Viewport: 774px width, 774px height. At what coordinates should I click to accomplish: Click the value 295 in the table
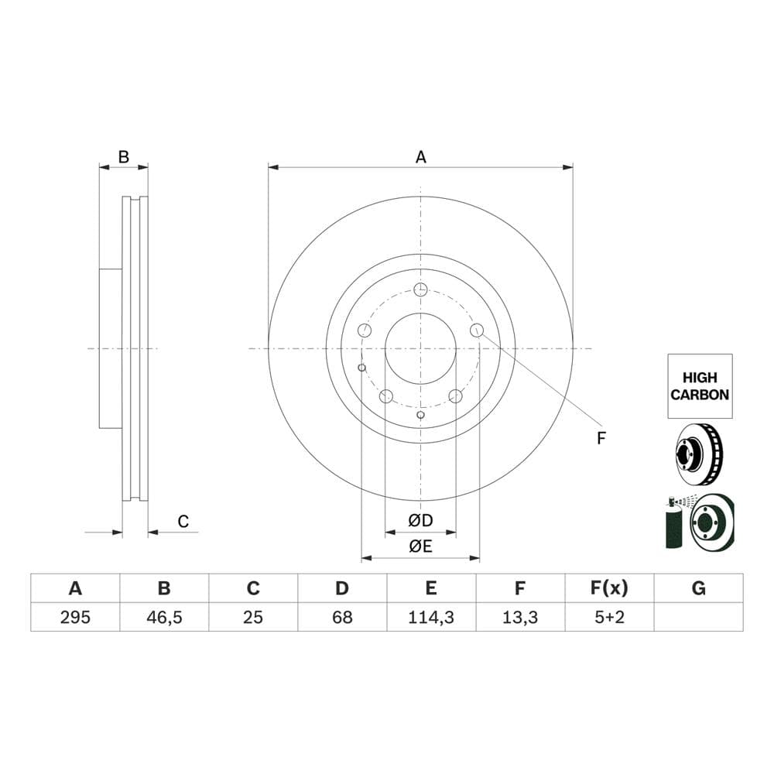75,617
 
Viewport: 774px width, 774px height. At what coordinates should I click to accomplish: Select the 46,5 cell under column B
164,617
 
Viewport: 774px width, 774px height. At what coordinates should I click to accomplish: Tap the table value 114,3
431,617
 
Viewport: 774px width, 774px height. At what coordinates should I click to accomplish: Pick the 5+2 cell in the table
609,617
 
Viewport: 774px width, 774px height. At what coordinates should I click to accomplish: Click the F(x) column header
609,588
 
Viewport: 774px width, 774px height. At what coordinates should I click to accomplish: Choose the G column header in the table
698,588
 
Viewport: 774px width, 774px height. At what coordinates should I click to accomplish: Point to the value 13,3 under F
520,617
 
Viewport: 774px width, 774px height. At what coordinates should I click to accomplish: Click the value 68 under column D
342,617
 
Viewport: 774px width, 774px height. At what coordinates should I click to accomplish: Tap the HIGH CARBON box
700,386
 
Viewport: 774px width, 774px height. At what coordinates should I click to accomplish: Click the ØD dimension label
420,519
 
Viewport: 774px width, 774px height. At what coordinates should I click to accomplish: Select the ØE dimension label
420,546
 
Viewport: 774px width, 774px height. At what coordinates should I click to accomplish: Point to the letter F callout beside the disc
601,438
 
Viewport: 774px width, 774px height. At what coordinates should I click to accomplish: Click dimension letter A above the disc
420,157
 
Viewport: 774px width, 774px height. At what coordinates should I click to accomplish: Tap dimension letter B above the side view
123,157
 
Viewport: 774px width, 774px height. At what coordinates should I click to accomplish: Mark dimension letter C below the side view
183,522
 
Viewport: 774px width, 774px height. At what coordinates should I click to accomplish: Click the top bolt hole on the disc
420,289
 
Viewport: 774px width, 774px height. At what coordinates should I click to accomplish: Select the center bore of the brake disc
420,348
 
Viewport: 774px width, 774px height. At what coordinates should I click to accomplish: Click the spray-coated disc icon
700,522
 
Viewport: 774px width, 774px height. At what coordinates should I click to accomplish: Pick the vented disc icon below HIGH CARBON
700,455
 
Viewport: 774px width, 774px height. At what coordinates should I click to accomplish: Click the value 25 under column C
253,617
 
